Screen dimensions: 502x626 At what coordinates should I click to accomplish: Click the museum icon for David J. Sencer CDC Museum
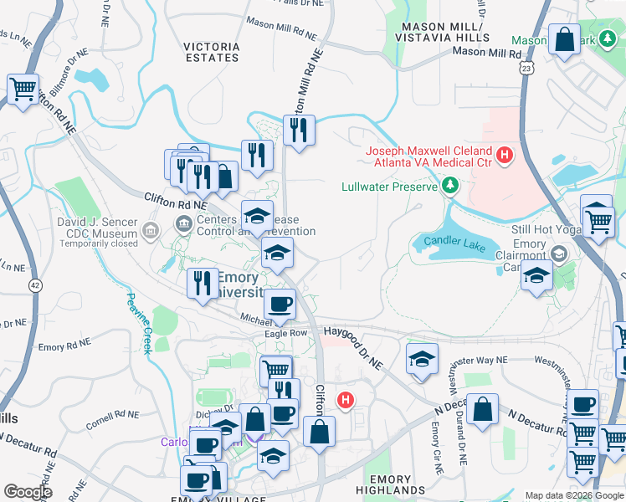(150, 229)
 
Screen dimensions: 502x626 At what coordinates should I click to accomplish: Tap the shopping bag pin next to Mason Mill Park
(565, 39)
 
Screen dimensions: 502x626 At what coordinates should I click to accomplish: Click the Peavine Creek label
(140, 322)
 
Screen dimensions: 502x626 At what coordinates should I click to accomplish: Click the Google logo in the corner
(28, 492)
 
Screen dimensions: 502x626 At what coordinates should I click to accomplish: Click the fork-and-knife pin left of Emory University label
(201, 282)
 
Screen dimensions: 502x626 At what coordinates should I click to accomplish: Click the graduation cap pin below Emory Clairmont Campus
(536, 275)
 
